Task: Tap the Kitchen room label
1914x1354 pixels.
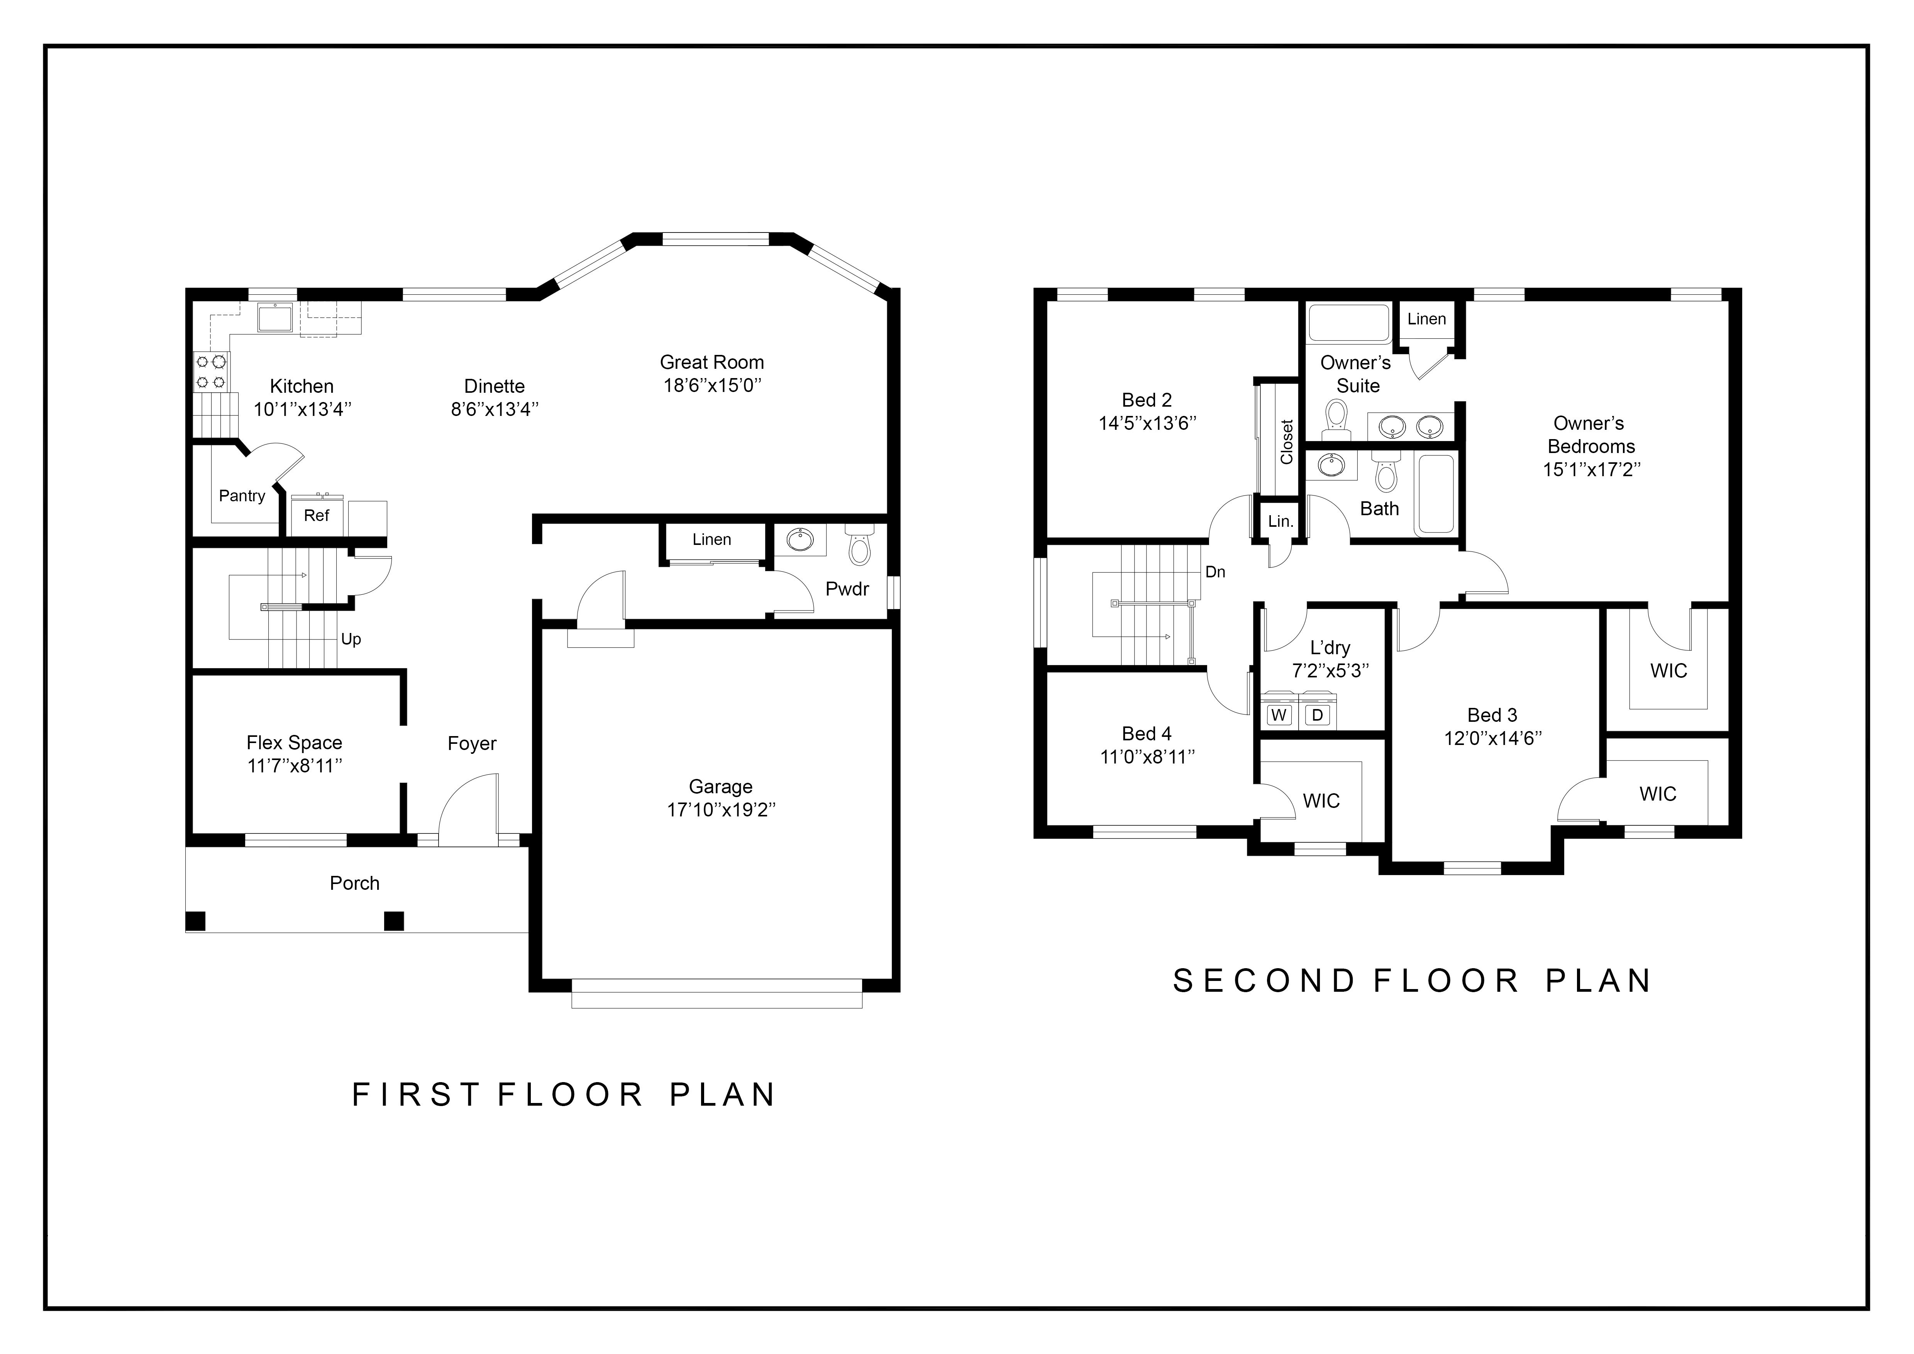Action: pyautogui.click(x=302, y=386)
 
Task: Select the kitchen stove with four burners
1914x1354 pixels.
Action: pyautogui.click(x=211, y=372)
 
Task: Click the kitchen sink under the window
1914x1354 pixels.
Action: pyautogui.click(x=274, y=318)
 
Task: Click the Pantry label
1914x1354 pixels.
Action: pyautogui.click(x=242, y=496)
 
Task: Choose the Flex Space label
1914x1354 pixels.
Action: pyautogui.click(x=294, y=743)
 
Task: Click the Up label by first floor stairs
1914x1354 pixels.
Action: pyautogui.click(x=351, y=640)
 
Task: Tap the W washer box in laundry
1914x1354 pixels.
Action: pyautogui.click(x=1279, y=714)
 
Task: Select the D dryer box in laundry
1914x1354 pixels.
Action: pyautogui.click(x=1317, y=714)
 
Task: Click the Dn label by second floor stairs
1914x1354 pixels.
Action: pyautogui.click(x=1215, y=572)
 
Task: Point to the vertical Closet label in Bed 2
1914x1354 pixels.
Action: pyautogui.click(x=1286, y=442)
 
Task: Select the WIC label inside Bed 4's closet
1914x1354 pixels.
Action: pyautogui.click(x=1321, y=801)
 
